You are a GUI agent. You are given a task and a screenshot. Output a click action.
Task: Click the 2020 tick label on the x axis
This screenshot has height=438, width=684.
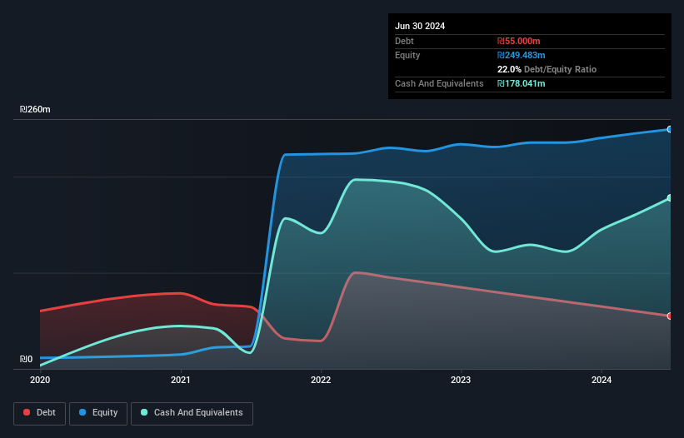click(40, 380)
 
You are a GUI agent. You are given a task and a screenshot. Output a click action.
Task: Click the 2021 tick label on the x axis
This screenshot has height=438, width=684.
click(180, 380)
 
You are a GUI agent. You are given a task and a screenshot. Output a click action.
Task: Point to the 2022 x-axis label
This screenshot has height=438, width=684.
click(321, 380)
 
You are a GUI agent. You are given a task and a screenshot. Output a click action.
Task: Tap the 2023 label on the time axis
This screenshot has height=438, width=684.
click(461, 380)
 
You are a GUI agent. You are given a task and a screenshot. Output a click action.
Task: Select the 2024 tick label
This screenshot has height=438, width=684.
click(601, 380)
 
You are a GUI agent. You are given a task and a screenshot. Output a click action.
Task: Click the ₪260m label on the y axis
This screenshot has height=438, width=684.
click(36, 110)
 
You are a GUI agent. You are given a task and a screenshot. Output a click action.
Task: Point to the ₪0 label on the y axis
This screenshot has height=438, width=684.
click(27, 360)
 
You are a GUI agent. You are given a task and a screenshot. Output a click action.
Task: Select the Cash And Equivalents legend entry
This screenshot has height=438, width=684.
click(192, 412)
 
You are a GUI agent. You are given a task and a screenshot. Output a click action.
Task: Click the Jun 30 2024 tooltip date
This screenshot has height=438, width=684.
click(420, 26)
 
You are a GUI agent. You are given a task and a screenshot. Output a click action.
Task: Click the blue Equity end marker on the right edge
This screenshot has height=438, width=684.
click(670, 129)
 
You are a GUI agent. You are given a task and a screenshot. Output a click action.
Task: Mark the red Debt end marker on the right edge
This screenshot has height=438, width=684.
click(670, 316)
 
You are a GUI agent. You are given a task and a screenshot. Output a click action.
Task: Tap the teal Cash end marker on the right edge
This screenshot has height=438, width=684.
click(670, 198)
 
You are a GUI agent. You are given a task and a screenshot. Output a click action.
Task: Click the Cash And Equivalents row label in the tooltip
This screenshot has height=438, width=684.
click(439, 83)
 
